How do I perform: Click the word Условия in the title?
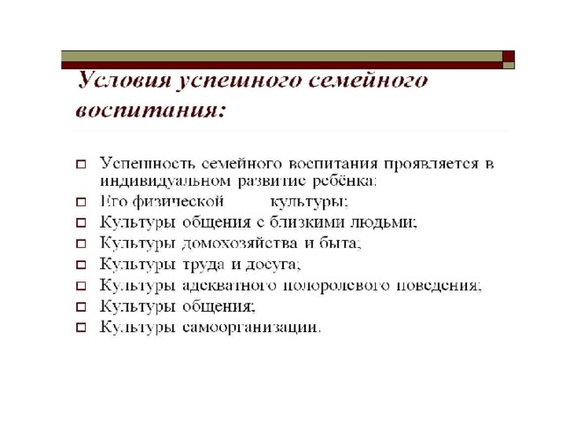click(x=125, y=80)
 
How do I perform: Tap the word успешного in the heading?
click(x=239, y=81)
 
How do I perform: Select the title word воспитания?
click(x=150, y=109)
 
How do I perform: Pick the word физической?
click(x=179, y=202)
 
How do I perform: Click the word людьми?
click(x=384, y=222)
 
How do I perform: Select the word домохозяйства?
click(x=241, y=243)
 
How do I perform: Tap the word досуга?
click(x=273, y=265)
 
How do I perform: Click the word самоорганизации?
click(x=251, y=328)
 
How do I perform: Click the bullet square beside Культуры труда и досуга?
click(x=81, y=265)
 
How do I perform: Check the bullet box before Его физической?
click(x=81, y=202)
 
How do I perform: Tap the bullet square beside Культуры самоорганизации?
click(x=81, y=328)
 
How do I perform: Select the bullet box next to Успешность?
click(x=81, y=165)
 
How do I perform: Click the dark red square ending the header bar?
click(x=509, y=57)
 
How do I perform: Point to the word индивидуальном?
click(x=165, y=181)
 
